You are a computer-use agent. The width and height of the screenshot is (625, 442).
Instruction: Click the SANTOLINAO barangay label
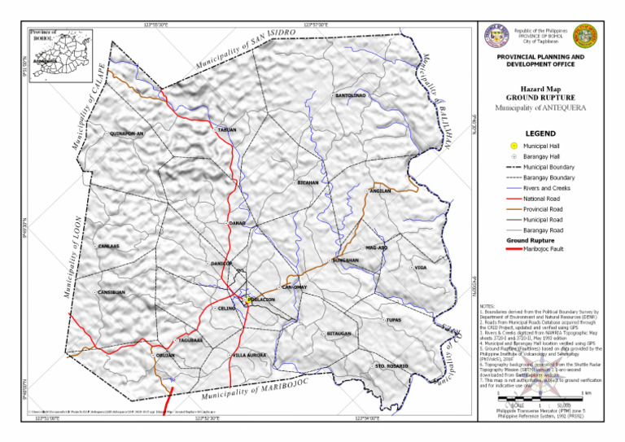coord(351,96)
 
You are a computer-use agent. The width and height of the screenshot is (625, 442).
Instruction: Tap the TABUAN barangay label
coord(228,129)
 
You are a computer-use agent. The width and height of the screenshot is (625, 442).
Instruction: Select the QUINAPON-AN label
coord(126,133)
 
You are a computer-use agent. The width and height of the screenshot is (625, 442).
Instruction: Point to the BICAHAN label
coord(308,183)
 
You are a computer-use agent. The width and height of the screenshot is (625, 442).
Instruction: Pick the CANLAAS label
coord(108,246)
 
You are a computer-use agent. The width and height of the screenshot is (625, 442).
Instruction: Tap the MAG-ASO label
coord(377,247)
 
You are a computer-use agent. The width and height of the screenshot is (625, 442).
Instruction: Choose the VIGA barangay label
coord(421,267)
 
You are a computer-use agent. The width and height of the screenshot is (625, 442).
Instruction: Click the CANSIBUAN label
coord(111,291)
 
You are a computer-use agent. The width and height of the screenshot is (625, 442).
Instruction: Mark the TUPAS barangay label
coord(394,320)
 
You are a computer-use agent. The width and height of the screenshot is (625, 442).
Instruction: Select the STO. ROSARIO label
coord(391,366)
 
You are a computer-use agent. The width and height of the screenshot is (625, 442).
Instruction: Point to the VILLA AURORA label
coord(249,355)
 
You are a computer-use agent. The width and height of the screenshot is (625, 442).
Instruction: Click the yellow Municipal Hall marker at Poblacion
coord(250,300)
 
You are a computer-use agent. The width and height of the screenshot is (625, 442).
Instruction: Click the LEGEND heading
coord(540,133)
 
